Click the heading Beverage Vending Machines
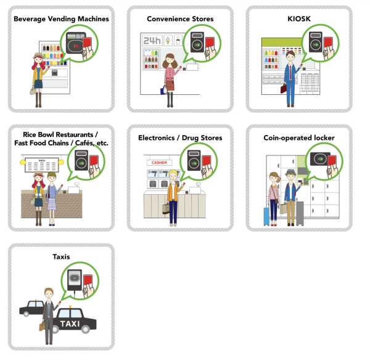tap(61, 18)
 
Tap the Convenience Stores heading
tap(180, 18)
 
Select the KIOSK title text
tap(299, 18)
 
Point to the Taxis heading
tap(61, 257)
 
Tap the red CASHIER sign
tap(158, 163)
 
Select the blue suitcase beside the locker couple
tap(266, 215)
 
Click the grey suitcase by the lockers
tap(300, 213)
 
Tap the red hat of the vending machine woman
tap(36, 57)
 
